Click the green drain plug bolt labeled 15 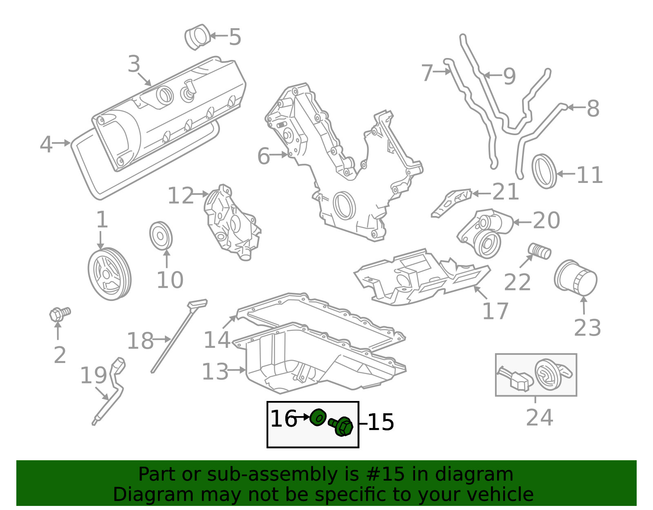[342, 426]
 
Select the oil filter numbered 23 [575, 278]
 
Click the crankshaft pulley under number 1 [109, 274]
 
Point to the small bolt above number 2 [60, 314]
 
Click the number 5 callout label [235, 37]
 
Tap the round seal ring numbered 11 [544, 171]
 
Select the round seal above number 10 [161, 236]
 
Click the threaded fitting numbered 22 [540, 251]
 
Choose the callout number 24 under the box [539, 417]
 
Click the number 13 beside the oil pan [215, 372]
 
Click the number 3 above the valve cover [134, 64]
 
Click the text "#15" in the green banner [383, 474]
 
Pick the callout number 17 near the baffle [495, 311]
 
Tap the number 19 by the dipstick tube [93, 375]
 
